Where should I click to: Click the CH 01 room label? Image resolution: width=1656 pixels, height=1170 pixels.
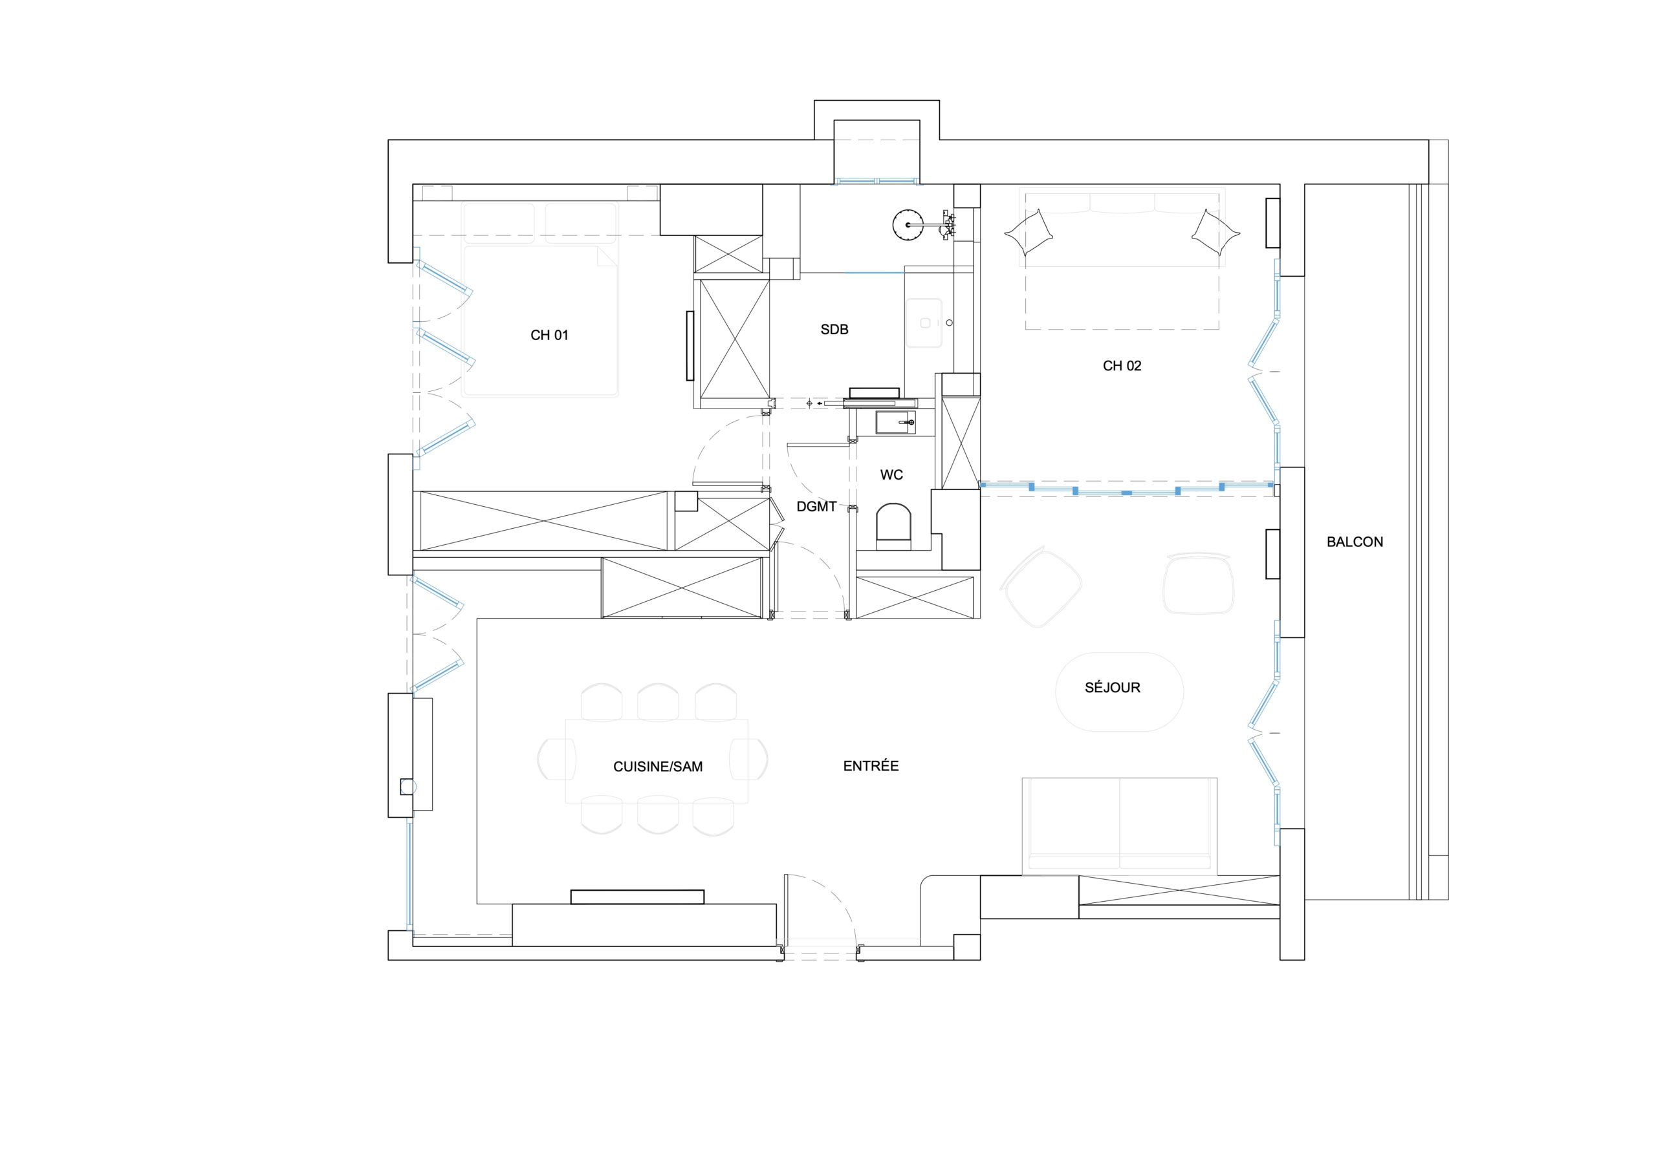point(549,335)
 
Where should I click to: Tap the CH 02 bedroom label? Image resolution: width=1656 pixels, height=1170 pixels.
point(1122,365)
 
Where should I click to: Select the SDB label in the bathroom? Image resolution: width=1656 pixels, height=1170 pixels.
point(834,330)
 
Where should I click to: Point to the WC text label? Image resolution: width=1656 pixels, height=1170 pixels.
point(891,475)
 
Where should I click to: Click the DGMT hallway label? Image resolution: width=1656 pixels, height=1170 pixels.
point(816,507)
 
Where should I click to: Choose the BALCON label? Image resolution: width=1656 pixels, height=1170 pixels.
point(1355,542)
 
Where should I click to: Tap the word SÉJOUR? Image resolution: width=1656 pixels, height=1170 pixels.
point(1112,687)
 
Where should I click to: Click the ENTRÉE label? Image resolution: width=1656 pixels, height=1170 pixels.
point(871,765)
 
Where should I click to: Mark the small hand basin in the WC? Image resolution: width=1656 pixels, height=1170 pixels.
point(896,423)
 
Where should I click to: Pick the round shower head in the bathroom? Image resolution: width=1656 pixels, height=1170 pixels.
point(908,225)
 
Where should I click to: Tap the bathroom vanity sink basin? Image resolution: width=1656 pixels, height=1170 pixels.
point(926,323)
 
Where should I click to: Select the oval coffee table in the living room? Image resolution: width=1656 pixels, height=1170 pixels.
point(1118,692)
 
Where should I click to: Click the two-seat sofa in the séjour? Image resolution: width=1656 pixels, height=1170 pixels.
point(1119,826)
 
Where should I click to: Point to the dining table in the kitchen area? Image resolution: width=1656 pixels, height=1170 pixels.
point(657,761)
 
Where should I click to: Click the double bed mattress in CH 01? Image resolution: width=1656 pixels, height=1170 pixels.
point(540,321)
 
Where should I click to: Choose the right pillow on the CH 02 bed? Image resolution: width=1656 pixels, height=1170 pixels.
point(1215,232)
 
